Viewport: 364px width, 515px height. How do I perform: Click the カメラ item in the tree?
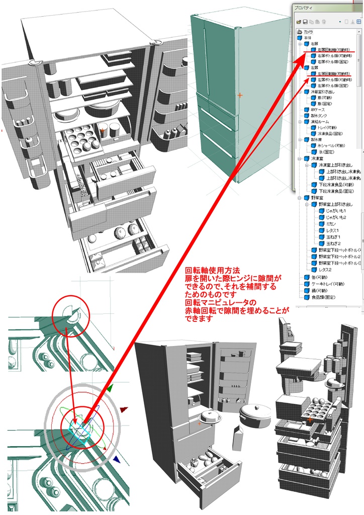(x=308, y=31)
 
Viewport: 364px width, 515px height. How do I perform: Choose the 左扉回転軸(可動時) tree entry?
(x=333, y=73)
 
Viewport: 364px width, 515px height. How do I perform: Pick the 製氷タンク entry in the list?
(x=315, y=116)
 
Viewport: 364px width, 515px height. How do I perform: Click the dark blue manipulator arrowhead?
(x=117, y=459)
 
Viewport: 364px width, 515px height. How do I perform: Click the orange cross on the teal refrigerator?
(x=240, y=95)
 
